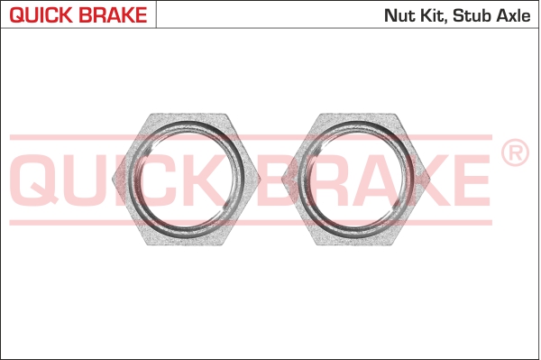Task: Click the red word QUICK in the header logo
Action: pyautogui.click(x=41, y=14)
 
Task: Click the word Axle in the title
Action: pyautogui.click(x=513, y=15)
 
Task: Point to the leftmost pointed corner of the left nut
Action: pyautogui.click(x=114, y=180)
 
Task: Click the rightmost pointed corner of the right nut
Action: pyautogui.click(x=430, y=180)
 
